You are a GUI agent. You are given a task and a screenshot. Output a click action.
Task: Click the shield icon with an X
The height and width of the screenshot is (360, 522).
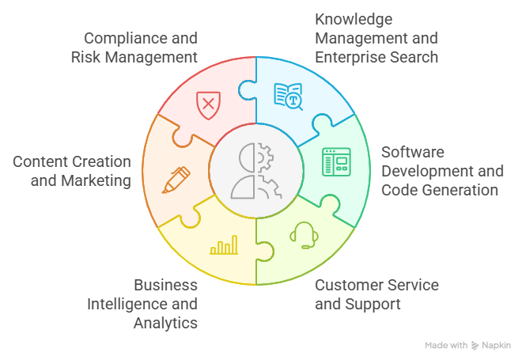point(207,104)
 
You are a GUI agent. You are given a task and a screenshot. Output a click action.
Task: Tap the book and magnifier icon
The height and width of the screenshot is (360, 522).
point(289,96)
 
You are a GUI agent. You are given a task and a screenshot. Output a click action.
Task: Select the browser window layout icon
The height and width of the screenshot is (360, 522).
point(335,161)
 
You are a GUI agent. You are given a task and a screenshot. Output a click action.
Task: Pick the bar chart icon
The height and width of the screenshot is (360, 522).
point(224,247)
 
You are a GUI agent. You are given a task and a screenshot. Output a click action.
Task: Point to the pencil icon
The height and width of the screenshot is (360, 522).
point(176,179)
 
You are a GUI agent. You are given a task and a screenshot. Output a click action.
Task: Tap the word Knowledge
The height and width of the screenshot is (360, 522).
point(354,18)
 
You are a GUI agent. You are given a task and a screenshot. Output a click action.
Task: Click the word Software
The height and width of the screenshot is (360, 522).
point(413,151)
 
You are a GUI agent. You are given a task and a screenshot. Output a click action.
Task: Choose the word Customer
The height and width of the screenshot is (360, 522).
point(353,285)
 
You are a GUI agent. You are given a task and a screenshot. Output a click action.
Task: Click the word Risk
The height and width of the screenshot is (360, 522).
point(85,57)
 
